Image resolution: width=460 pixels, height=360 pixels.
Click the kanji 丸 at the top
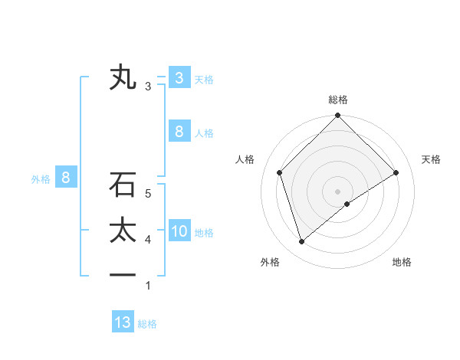[x=123, y=78]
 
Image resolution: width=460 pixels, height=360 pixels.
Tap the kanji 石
[x=123, y=185]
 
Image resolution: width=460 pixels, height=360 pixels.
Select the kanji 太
[x=123, y=231]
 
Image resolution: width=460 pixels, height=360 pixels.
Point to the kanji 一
[x=123, y=274]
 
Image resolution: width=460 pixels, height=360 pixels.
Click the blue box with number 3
[x=179, y=77]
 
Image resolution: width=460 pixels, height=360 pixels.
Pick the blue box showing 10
[x=179, y=231]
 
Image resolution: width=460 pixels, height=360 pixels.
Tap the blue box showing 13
[x=123, y=322]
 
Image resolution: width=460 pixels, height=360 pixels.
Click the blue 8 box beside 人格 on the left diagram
[x=179, y=131]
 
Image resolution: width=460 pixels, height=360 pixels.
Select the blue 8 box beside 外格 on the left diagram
[x=66, y=178]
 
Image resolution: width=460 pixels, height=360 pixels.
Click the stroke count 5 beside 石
[x=148, y=194]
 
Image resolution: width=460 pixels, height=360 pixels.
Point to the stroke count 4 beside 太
[x=148, y=241]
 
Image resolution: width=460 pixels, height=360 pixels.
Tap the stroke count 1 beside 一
[x=148, y=286]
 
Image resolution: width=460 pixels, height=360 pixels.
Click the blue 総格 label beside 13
[x=147, y=324]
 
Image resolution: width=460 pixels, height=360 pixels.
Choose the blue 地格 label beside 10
[x=204, y=233]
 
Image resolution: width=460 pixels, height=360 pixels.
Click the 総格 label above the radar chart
[x=338, y=100]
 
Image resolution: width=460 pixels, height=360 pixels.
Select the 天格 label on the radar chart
[x=431, y=159]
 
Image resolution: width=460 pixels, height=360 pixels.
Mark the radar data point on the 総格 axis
[x=338, y=116]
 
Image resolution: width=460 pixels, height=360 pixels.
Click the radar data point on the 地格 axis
[x=347, y=204]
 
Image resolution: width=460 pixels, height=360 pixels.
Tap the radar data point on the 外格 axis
[x=301, y=242]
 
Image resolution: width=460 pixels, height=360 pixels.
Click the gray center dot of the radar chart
[x=338, y=191]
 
